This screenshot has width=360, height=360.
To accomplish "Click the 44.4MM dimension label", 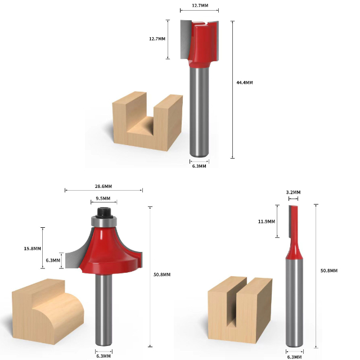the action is pyautogui.click(x=245, y=83).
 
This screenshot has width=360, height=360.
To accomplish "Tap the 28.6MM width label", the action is pyautogui.click(x=103, y=186).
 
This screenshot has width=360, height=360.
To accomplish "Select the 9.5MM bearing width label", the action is pyautogui.click(x=103, y=199).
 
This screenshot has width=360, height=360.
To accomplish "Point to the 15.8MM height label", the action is pyautogui.click(x=33, y=249).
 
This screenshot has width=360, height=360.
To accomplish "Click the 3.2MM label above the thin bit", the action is pyautogui.click(x=293, y=192).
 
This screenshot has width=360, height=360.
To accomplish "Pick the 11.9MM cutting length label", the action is pyautogui.click(x=267, y=222).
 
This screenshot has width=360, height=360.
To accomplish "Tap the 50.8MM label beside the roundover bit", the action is pyautogui.click(x=162, y=274).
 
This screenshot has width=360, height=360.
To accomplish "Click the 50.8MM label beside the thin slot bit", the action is pyautogui.click(x=329, y=271).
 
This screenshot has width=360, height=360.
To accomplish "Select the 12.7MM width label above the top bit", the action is pyautogui.click(x=200, y=6).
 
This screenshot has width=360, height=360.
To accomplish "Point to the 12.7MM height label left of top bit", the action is pyautogui.click(x=157, y=39).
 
